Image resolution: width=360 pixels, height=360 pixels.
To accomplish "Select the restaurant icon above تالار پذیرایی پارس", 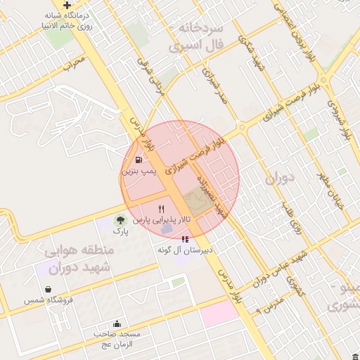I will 162,209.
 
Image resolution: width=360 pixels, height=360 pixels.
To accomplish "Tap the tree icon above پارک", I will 121,221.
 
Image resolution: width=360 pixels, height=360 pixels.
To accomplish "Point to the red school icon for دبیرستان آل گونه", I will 185,240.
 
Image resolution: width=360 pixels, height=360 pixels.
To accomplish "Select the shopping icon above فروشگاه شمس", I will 47,289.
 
